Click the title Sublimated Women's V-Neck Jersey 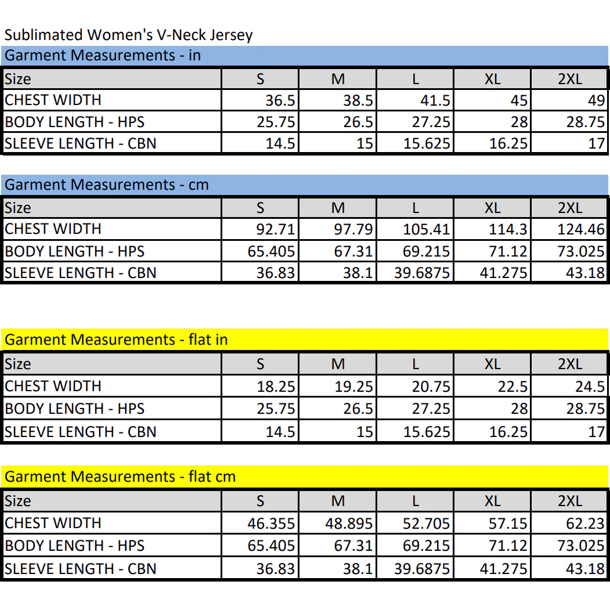(128, 35)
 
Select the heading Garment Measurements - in (103, 55)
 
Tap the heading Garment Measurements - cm (107, 185)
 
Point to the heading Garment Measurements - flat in (116, 340)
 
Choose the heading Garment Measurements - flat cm (120, 477)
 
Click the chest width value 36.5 (280, 100)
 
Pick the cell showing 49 (597, 100)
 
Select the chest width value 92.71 (276, 229)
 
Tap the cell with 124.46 (581, 229)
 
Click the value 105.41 (427, 229)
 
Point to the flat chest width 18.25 (276, 387)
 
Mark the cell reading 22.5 (512, 387)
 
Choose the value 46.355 (271, 524)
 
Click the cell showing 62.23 (586, 524)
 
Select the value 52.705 (427, 524)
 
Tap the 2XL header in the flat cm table (570, 501)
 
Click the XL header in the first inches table (493, 79)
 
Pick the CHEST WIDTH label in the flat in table (53, 386)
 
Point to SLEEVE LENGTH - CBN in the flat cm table (80, 569)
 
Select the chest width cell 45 (519, 100)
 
